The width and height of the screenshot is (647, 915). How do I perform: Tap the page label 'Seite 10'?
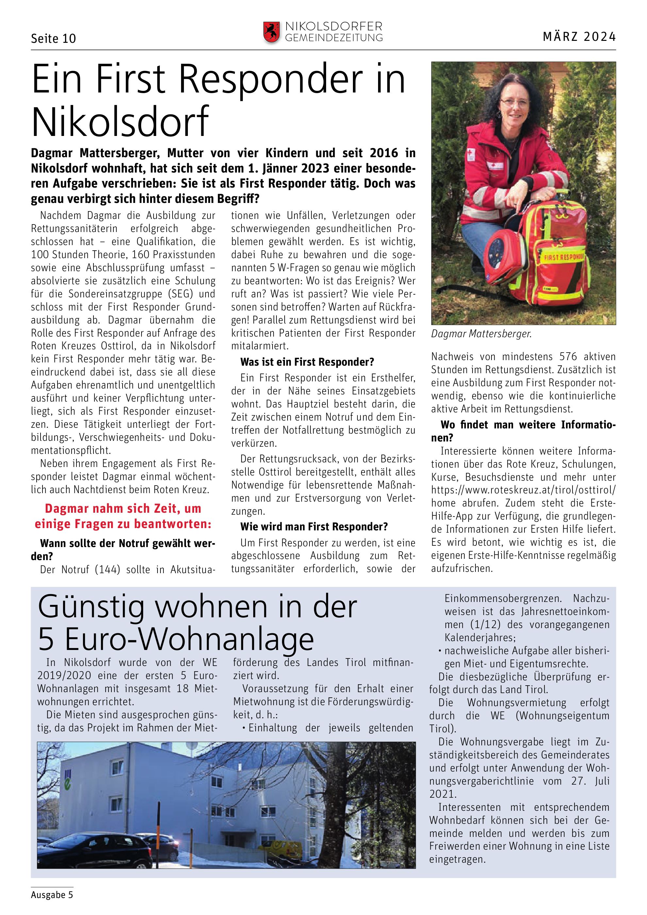coord(53,39)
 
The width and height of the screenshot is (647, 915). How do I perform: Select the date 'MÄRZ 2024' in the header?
coord(579,37)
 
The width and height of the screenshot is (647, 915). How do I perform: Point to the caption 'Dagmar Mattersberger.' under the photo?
coord(481,334)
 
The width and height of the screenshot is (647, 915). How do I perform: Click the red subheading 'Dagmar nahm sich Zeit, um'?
coord(123,509)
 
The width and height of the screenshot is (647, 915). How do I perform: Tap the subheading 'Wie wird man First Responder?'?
coord(314,526)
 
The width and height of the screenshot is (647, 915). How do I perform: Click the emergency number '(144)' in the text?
coord(107,570)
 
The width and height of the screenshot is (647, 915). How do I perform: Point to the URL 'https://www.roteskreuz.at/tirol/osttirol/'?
coord(523,490)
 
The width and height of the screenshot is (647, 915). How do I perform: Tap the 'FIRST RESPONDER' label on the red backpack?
coord(564,256)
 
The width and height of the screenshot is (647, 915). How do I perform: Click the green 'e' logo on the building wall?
coord(68,783)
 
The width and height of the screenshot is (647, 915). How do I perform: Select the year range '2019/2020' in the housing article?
coord(64,675)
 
